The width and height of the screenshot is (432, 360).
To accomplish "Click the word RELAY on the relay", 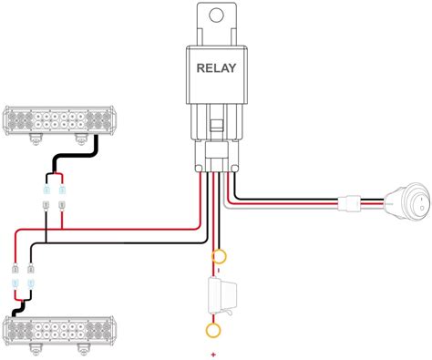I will [216, 67].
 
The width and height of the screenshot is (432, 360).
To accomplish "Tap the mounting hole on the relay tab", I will [215, 16].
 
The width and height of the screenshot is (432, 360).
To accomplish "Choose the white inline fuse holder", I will [218, 296].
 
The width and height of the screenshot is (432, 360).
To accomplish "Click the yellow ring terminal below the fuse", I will [214, 331].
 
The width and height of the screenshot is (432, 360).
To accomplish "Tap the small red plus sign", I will [212, 353].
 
